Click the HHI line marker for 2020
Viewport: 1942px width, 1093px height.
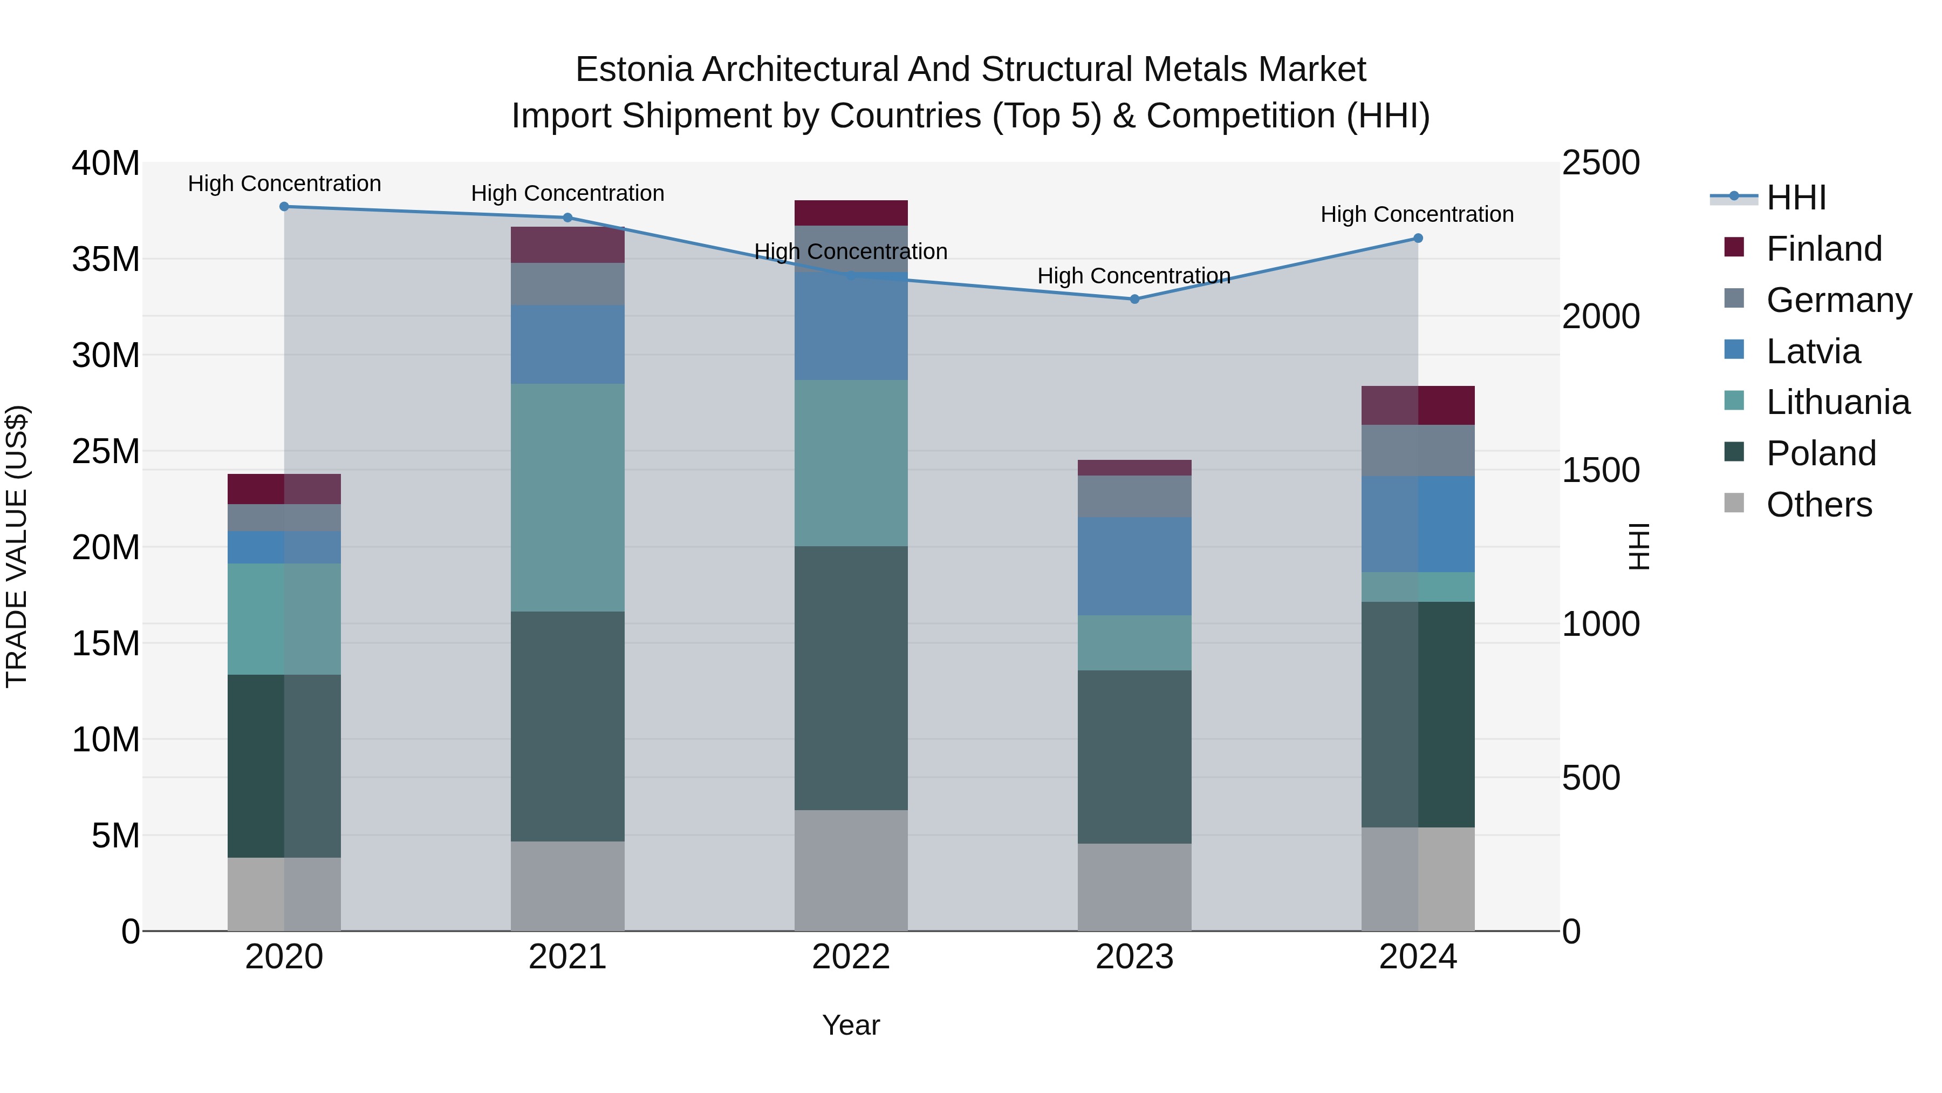284,207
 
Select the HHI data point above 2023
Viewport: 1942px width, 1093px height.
1134,300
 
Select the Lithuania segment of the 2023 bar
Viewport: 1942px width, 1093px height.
1134,643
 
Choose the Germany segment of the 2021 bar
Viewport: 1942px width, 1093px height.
567,283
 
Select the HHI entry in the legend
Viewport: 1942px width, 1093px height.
1796,198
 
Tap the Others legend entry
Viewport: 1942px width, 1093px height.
1818,505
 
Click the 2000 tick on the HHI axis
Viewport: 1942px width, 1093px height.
1600,317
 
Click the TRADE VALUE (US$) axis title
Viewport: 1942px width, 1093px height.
17,546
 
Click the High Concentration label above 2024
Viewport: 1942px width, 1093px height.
1417,214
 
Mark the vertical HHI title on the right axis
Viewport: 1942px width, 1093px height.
1639,546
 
